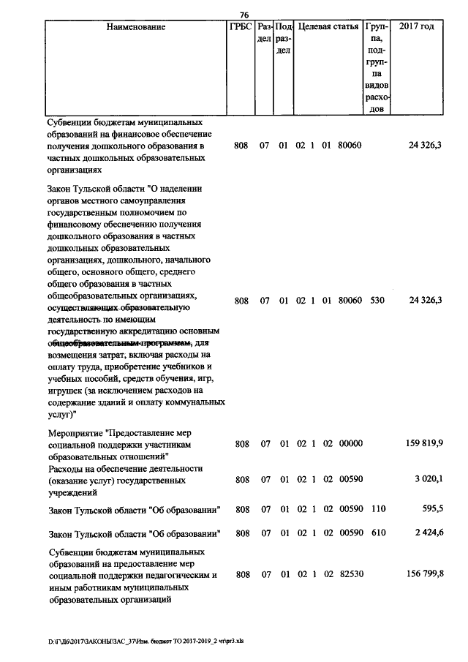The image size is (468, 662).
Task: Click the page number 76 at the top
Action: point(244,14)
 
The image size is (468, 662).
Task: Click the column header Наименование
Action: point(135,27)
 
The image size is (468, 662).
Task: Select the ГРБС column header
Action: point(241,27)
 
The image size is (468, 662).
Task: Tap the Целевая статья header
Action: point(328,27)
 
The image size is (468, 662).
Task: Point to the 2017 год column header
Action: point(418,27)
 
